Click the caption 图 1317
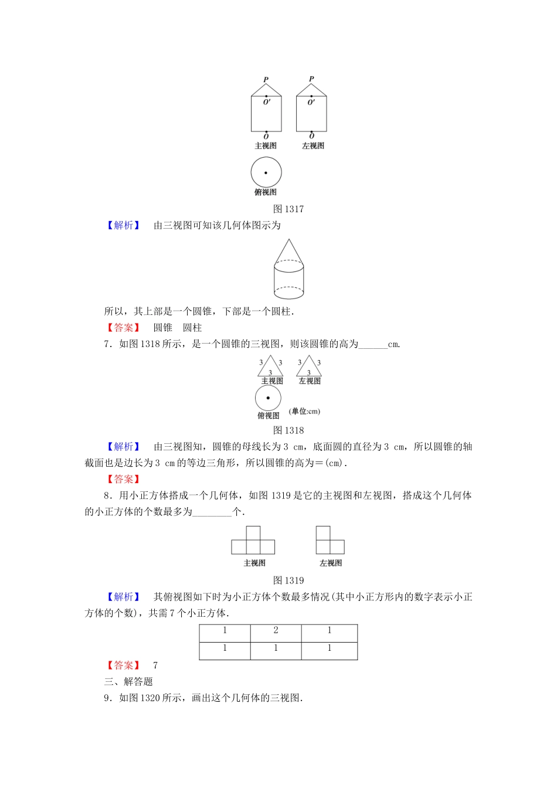(x=288, y=209)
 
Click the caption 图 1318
(x=288, y=430)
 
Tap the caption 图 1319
(x=288, y=580)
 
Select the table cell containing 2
(x=276, y=633)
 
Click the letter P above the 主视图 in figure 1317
(x=266, y=80)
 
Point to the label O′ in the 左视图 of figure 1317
(x=311, y=102)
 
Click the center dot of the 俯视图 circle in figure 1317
(x=266, y=173)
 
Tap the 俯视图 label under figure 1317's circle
(x=266, y=192)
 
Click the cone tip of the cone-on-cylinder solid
(x=288, y=240)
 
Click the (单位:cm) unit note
(x=305, y=411)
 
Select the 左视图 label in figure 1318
(x=310, y=381)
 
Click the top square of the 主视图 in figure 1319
(x=253, y=534)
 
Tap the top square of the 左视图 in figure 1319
(x=323, y=534)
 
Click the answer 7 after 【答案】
(x=155, y=665)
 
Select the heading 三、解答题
(x=128, y=681)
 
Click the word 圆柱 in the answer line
(x=192, y=328)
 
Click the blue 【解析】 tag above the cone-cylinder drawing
(x=123, y=225)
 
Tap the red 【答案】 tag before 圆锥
(x=123, y=328)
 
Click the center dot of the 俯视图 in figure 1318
(x=268, y=398)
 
